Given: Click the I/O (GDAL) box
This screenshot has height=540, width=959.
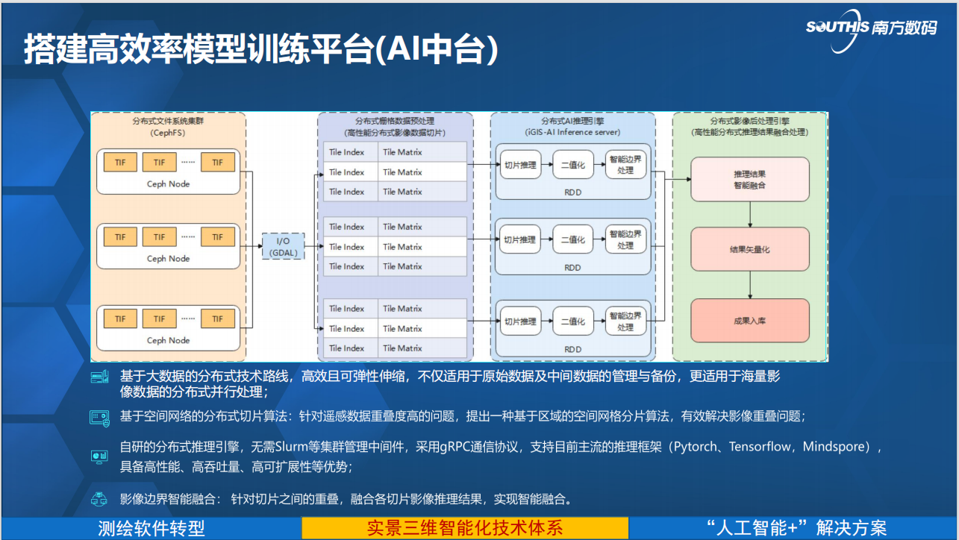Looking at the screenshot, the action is (284, 245).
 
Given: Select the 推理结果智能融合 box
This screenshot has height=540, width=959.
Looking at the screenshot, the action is (750, 179).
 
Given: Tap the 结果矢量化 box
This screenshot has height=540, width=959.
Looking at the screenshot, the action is (750, 249).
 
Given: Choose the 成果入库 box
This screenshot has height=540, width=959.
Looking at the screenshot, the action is (750, 321).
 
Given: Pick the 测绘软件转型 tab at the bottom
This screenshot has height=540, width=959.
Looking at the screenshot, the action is (151, 528).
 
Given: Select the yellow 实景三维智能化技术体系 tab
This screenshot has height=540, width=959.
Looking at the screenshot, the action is (465, 528).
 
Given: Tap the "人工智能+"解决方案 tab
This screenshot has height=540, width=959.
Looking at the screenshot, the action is (796, 528).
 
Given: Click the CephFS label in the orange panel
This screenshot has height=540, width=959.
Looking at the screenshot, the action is (168, 133).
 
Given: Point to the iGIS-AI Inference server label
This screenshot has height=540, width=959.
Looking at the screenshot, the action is (572, 133).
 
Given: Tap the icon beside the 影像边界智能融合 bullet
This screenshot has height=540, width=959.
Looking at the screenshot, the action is (99, 499).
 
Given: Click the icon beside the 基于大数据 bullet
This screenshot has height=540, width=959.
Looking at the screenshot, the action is (99, 377).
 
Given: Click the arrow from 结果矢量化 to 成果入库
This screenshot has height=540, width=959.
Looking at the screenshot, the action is (750, 284).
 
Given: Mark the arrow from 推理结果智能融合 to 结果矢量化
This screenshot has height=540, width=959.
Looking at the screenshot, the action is (750, 214).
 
